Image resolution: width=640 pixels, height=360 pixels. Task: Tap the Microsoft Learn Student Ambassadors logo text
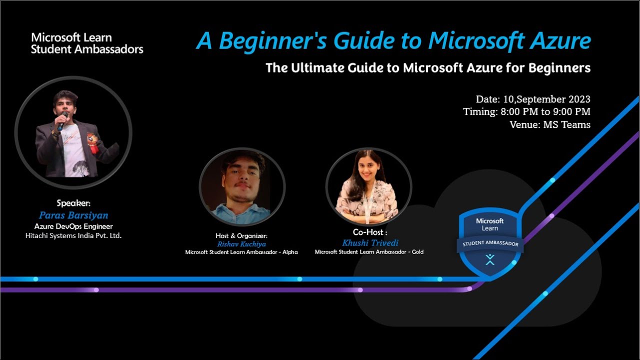pos(87,43)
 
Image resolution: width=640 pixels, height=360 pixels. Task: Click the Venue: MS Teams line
pos(550,124)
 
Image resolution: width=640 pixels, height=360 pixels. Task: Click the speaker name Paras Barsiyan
pos(73,215)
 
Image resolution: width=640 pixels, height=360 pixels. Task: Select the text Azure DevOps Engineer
pos(73,226)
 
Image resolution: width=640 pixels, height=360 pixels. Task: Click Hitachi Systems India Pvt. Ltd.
pos(73,235)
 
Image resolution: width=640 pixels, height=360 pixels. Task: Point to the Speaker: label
pos(73,203)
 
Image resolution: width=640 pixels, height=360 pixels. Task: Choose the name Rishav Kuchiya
pos(241,244)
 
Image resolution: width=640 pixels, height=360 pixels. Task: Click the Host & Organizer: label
pos(241,235)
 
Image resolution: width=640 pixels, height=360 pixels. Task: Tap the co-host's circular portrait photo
pos(368,185)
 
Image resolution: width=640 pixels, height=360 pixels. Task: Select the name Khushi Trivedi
pos(370,243)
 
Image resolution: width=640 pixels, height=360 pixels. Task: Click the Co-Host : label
pos(370,232)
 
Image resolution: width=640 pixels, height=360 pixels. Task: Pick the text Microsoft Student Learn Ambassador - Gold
pos(369,252)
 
